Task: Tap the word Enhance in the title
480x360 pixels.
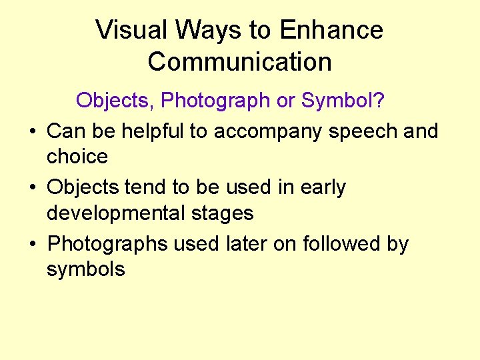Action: click(x=332, y=30)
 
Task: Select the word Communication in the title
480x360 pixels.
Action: click(x=239, y=62)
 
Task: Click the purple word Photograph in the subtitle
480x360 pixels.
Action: click(x=216, y=100)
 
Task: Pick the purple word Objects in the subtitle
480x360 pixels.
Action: click(x=114, y=100)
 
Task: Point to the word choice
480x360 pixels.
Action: click(x=77, y=157)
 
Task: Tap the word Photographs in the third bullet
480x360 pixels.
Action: click(x=108, y=245)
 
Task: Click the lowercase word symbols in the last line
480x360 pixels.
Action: click(x=85, y=270)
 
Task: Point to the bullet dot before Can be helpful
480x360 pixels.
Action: click(x=33, y=132)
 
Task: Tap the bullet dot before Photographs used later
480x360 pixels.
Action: click(x=33, y=245)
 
